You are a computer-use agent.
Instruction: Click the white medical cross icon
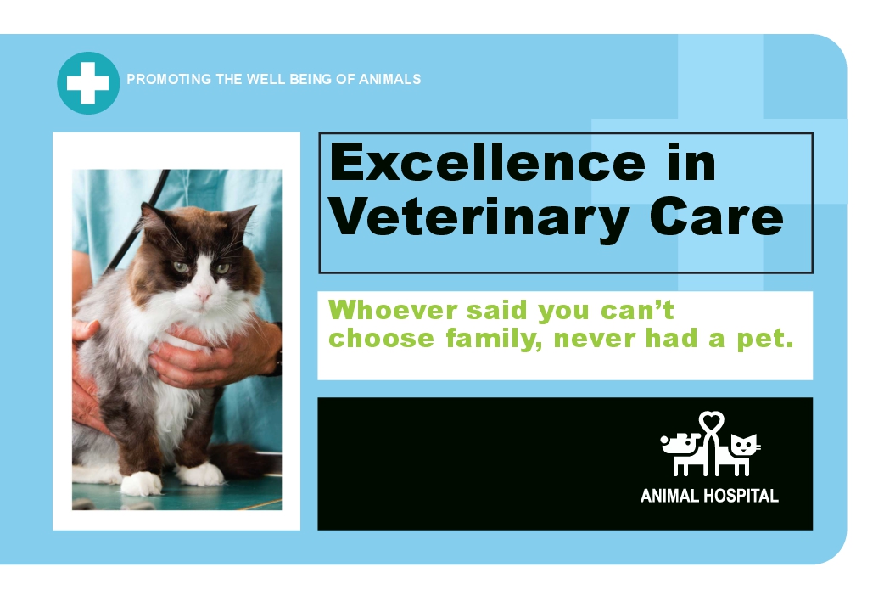point(88,83)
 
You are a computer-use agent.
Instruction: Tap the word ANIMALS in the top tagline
point(390,79)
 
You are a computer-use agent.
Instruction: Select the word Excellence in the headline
point(488,162)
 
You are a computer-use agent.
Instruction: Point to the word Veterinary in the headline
point(479,219)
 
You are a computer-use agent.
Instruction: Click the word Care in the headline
point(717,216)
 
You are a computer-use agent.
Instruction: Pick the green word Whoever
point(393,310)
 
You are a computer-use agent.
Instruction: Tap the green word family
point(494,340)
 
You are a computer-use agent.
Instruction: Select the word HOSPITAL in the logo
point(741,496)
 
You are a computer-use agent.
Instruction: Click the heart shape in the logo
point(712,421)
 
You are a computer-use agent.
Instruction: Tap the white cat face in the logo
point(745,446)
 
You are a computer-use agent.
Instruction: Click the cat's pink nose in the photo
point(203,294)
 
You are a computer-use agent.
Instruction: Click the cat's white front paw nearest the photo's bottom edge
point(141,483)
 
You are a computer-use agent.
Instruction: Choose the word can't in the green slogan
point(637,310)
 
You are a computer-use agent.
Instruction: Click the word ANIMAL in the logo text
point(669,496)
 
